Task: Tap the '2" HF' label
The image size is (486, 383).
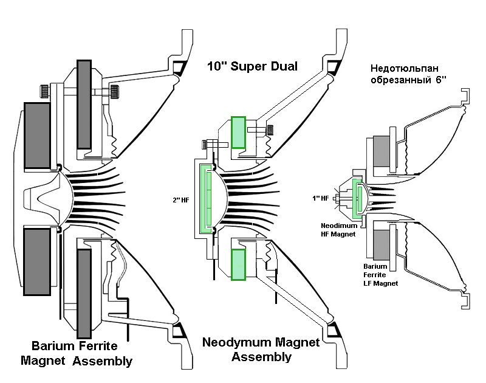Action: click(182, 199)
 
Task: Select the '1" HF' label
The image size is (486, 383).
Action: click(320, 198)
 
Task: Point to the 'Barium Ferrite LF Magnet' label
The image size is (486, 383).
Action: click(380, 274)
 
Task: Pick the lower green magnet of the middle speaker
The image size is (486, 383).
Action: click(238, 265)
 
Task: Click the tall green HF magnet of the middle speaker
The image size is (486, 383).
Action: click(207, 198)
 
